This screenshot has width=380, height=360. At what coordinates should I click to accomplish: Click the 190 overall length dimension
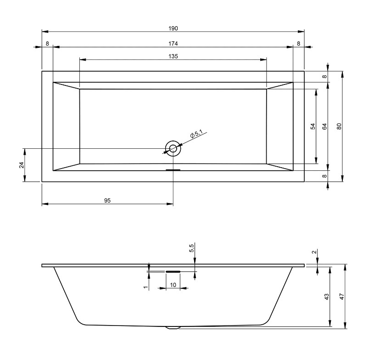(x=173, y=28)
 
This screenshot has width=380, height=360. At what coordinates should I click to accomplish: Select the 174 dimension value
(x=173, y=44)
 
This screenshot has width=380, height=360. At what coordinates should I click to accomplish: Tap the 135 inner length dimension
(x=173, y=56)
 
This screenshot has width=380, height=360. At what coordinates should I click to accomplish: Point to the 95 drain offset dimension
(x=107, y=201)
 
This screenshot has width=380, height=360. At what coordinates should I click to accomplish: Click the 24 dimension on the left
(x=22, y=165)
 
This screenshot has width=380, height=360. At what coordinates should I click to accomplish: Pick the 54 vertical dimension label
(x=313, y=126)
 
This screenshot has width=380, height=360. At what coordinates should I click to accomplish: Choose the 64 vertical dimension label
(x=324, y=126)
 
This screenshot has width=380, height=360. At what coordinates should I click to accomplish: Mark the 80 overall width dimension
(x=339, y=126)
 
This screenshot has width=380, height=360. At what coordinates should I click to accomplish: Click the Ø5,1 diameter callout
(x=196, y=134)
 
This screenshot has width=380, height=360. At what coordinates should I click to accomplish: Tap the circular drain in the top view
(x=173, y=148)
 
